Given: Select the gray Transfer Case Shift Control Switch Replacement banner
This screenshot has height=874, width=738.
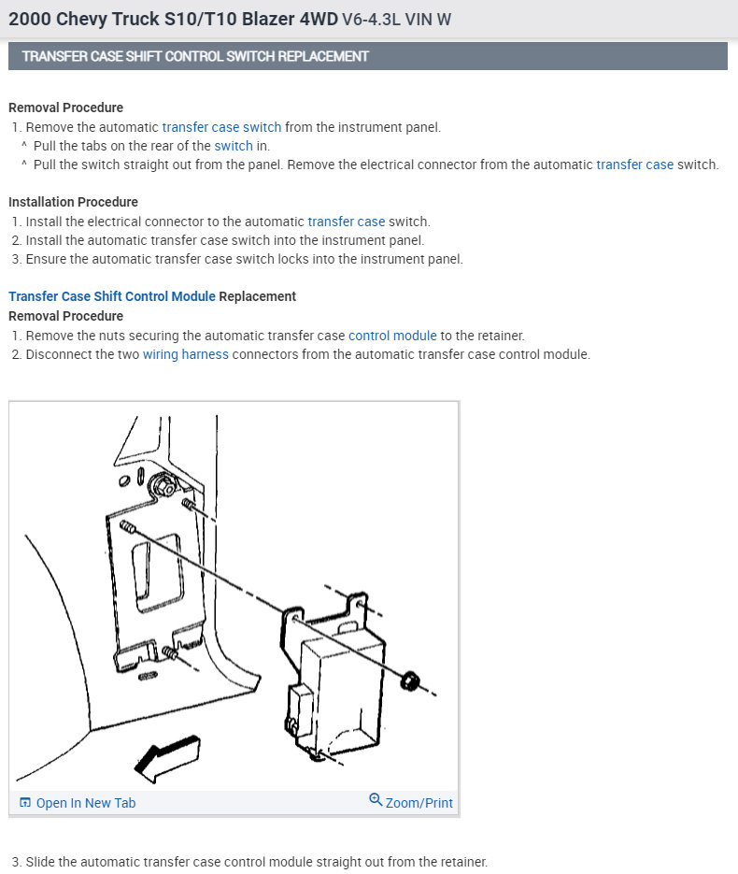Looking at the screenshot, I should coord(368,56).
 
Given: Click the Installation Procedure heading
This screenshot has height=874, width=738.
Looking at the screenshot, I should coord(73,202).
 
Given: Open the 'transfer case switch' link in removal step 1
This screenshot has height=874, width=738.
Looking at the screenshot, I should coord(221,127).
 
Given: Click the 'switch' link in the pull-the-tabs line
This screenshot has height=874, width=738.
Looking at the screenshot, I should coord(234,146).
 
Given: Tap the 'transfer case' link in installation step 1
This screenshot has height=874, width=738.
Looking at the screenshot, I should coord(347,222).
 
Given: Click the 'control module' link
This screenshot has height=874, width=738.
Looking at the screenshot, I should coord(392,335).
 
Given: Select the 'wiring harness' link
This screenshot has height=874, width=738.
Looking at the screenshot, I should coord(186,354).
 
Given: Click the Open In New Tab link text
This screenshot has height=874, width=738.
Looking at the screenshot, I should coord(86,803).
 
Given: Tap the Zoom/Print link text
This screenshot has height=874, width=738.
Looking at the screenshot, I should coord(419,803).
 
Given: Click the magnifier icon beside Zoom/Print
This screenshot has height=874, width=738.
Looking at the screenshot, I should coord(376,800).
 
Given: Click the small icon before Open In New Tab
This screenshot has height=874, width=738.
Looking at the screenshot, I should coord(25,803).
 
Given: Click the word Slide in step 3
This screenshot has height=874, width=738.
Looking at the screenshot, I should coord(41,862).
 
